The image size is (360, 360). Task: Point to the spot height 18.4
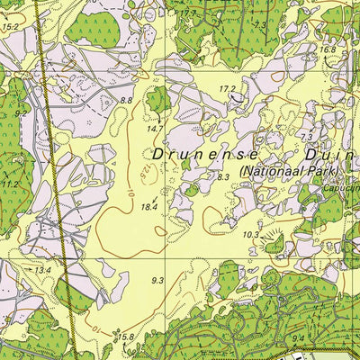(x=148, y=207)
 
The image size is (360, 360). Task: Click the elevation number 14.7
(x=154, y=129)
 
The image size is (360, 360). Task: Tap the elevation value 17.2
(x=227, y=88)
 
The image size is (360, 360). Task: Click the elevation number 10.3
(x=250, y=234)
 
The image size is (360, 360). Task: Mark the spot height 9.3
(x=157, y=281)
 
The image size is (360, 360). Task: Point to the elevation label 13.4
(x=42, y=269)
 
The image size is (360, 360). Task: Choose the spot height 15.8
(x=125, y=337)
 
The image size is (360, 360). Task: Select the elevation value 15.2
(x=10, y=28)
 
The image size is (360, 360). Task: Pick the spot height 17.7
(x=187, y=14)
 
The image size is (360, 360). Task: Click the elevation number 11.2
(x=10, y=184)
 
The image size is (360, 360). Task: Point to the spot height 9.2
(x=20, y=114)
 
